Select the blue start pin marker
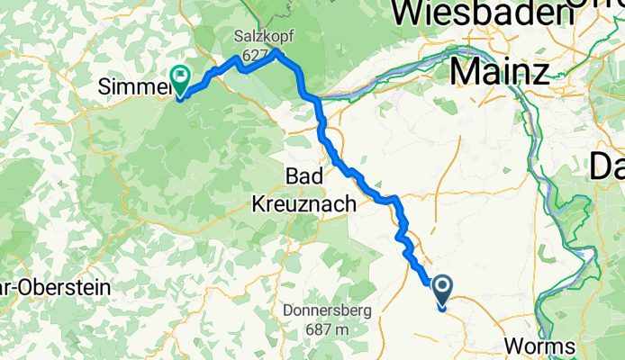pyautogui.click(x=442, y=291)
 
